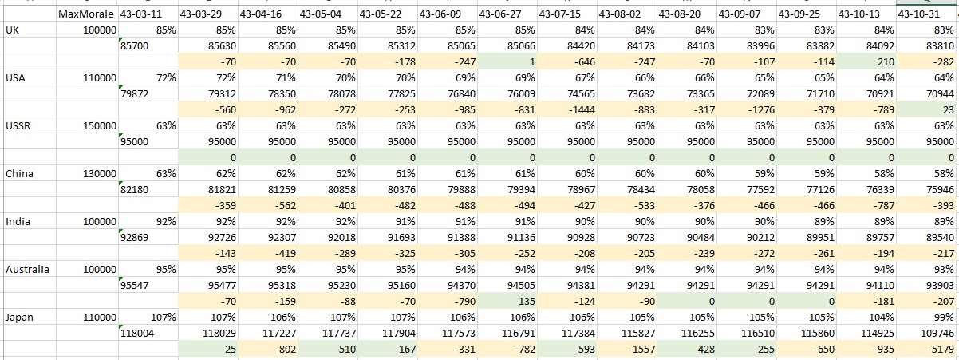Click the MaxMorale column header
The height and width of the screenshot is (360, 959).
(x=86, y=14)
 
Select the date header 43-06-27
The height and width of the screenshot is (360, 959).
(x=500, y=14)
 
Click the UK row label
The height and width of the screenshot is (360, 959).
(x=13, y=30)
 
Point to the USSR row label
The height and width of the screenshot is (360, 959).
(x=18, y=126)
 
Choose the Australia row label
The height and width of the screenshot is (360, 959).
(x=27, y=270)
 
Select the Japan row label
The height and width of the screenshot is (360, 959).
(x=19, y=318)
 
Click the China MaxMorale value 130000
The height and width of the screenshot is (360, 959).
(x=100, y=174)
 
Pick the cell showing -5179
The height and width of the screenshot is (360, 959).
(x=939, y=350)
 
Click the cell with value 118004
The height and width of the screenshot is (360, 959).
(x=137, y=334)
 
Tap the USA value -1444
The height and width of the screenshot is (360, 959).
(x=580, y=110)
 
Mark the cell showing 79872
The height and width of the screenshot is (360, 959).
(x=134, y=94)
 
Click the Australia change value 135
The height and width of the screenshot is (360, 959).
(x=526, y=302)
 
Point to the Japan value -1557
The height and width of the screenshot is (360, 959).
(x=640, y=350)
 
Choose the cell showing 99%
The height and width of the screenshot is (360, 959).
(x=944, y=318)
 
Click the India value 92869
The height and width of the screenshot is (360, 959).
(x=134, y=237)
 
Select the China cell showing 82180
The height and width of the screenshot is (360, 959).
(x=134, y=190)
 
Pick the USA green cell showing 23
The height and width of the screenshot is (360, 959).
(x=949, y=110)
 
